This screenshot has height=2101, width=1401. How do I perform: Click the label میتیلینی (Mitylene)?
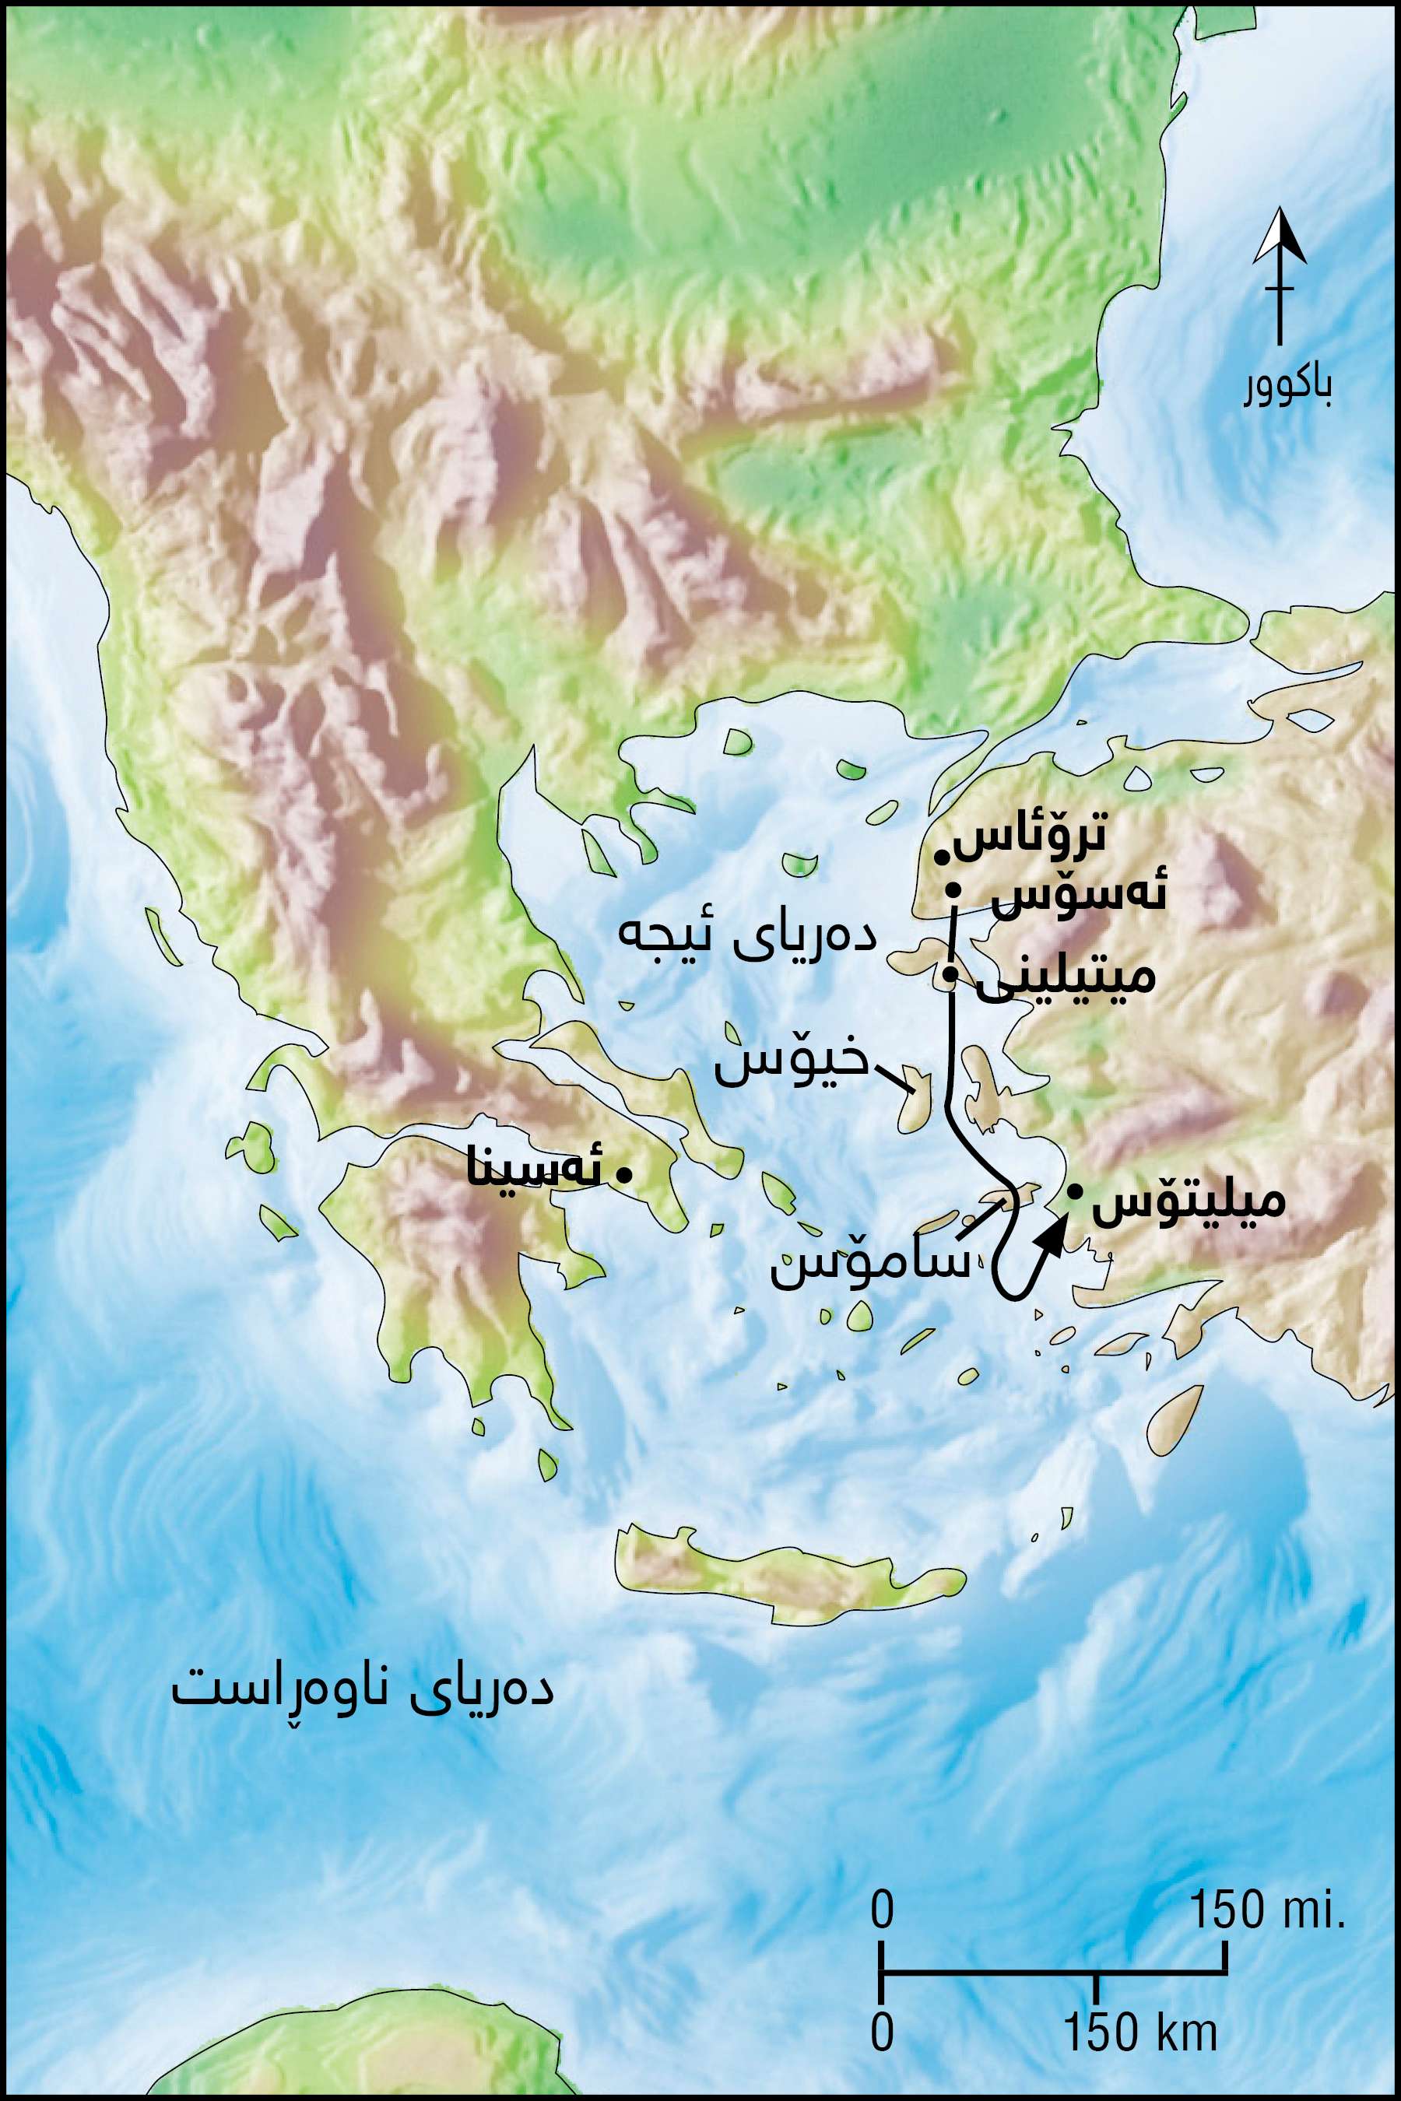click(x=1066, y=978)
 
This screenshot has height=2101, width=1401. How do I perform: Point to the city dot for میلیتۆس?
click(x=1075, y=1190)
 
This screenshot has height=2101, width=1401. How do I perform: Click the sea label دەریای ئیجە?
click(x=747, y=940)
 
